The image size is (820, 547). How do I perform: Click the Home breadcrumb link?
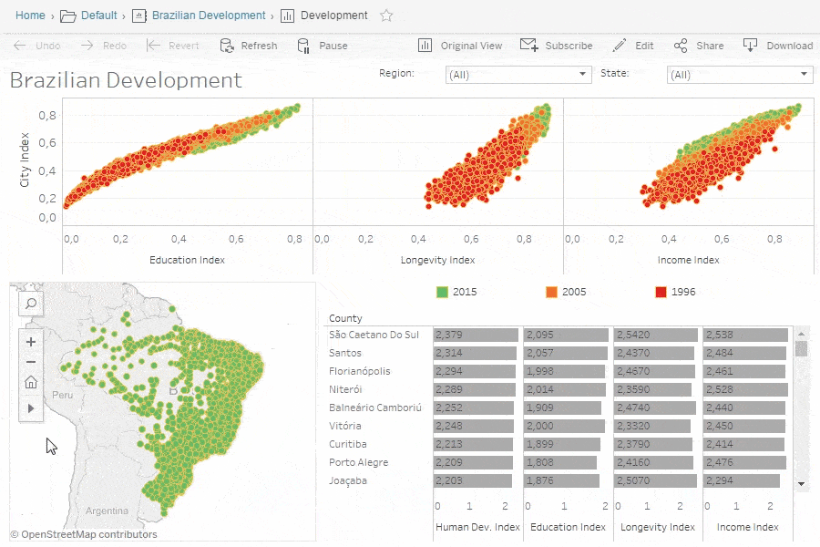click(x=30, y=15)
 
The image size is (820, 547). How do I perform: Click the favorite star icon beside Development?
click(x=386, y=15)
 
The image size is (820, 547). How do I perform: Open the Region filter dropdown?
click(x=518, y=75)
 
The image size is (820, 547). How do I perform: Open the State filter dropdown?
click(x=739, y=75)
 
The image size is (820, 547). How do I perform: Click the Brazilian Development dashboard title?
click(x=126, y=80)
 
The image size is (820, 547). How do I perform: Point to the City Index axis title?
click(x=25, y=162)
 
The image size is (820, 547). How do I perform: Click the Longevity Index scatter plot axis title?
click(x=438, y=260)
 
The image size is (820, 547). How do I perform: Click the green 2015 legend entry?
click(x=456, y=292)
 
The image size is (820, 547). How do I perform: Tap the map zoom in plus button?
click(x=31, y=342)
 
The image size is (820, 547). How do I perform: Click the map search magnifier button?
click(x=31, y=304)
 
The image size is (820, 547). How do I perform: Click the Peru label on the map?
click(x=63, y=397)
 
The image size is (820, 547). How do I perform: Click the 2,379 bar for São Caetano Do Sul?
click(x=476, y=335)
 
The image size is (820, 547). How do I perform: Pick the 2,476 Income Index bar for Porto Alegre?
click(x=744, y=462)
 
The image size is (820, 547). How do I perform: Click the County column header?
click(x=345, y=318)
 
